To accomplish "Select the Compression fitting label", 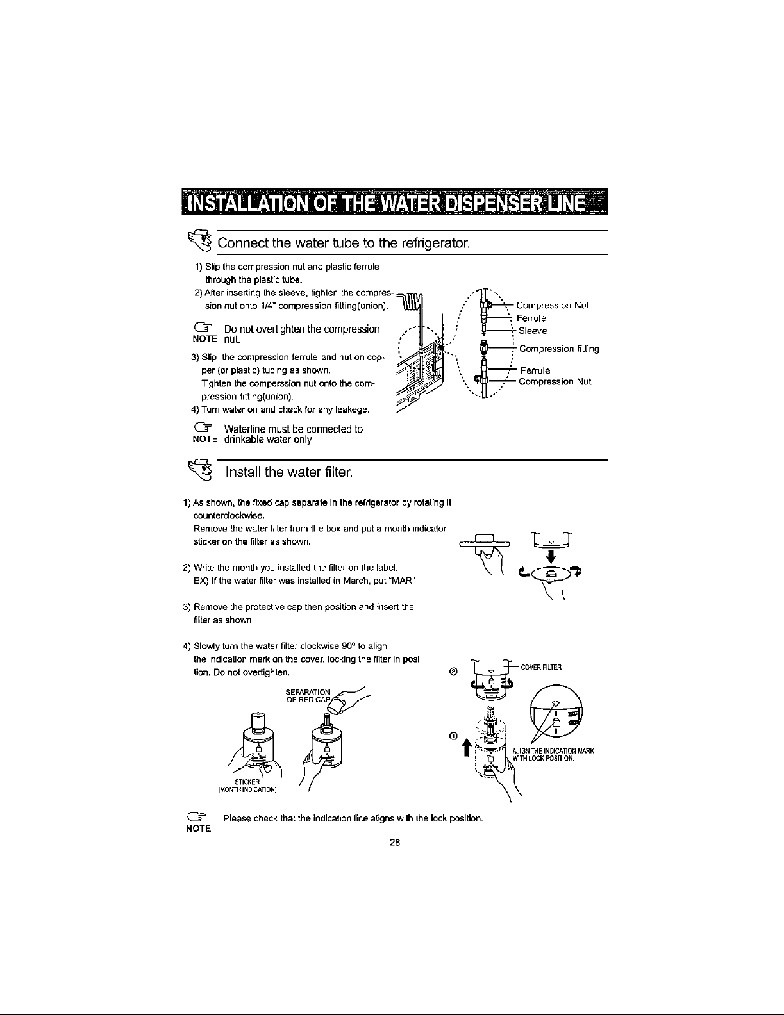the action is tap(558, 349).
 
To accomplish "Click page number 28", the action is tap(394, 843).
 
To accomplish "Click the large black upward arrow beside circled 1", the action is tap(467, 748).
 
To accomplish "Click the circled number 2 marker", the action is tap(453, 672).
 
